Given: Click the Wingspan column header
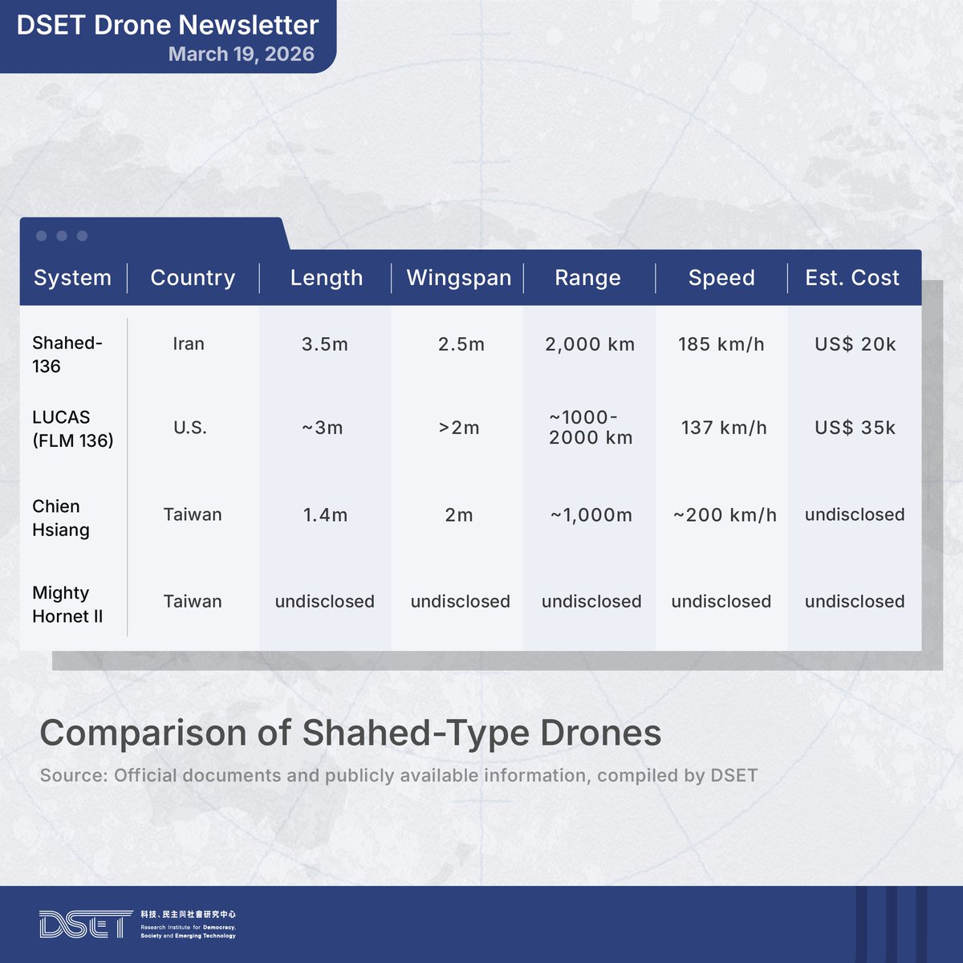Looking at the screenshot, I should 458,278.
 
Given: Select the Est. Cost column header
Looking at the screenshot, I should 852,278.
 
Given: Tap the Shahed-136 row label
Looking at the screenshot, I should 67,354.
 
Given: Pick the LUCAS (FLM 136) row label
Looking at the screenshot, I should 72,429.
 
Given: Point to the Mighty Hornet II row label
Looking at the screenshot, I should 67,604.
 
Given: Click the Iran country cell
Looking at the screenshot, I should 189,344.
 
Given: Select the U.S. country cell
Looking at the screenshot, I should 190,428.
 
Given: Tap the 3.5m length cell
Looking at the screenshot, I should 325,344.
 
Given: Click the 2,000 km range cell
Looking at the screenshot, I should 590,344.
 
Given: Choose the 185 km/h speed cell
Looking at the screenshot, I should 721,344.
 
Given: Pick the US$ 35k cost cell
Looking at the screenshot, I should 855,428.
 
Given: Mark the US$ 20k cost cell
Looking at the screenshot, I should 855,344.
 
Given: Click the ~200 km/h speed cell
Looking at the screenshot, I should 725,515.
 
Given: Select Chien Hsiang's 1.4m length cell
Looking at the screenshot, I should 325,515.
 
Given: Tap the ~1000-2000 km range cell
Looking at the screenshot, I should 591,428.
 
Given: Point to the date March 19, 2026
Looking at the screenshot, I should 241,55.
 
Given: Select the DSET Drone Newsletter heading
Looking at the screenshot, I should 168,25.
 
